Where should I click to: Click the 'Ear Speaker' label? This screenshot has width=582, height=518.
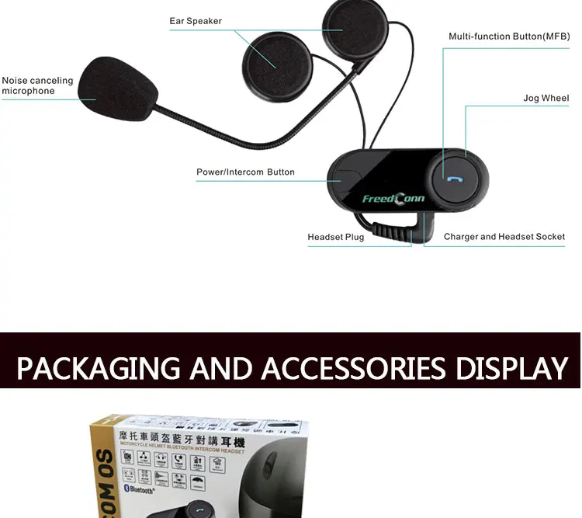pyautogui.click(x=196, y=21)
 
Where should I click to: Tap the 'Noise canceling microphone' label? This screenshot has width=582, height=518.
pyautogui.click(x=37, y=85)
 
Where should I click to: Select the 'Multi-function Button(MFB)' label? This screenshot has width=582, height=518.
pyautogui.click(x=508, y=37)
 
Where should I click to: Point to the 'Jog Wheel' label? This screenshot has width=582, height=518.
pyautogui.click(x=546, y=99)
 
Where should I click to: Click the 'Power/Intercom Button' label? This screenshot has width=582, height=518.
pyautogui.click(x=245, y=172)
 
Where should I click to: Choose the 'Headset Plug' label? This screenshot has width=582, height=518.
pyautogui.click(x=335, y=237)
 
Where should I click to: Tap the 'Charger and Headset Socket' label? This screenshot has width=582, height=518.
pyautogui.click(x=504, y=237)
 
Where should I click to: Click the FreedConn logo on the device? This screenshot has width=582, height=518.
pyautogui.click(x=393, y=199)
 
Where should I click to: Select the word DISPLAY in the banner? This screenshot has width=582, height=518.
pyautogui.click(x=511, y=367)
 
